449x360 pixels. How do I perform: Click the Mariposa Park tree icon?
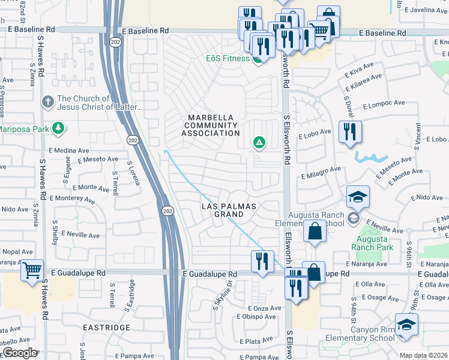pyautogui.click(x=58, y=128)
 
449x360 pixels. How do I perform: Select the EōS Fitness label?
pyautogui.click(x=228, y=59)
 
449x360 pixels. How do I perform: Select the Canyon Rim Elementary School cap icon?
pyautogui.click(x=406, y=325)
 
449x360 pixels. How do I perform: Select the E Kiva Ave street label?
pyautogui.click(x=360, y=74)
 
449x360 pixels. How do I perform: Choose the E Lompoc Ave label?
pyautogui.click(x=382, y=104)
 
